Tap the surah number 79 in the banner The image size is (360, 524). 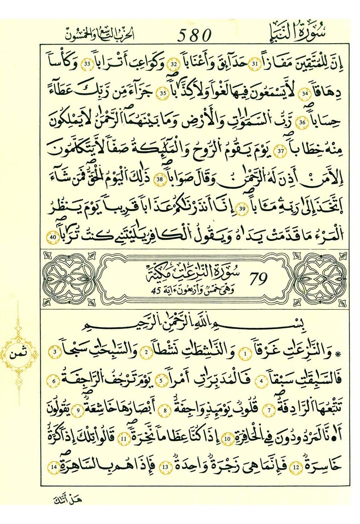click(x=258, y=279)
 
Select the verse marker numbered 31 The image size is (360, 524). click(x=255, y=64)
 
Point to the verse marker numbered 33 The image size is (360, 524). click(x=88, y=64)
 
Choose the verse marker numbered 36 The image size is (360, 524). click(x=302, y=122)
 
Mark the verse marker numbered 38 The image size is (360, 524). click(x=160, y=180)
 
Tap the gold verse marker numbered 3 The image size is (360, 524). click(x=55, y=352)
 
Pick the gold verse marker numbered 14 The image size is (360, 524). click(x=54, y=467)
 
